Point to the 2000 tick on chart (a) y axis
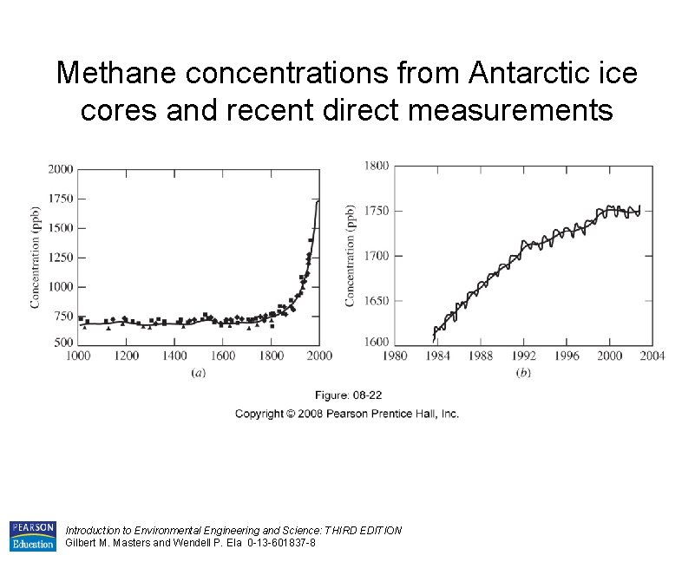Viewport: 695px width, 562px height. pos(61,169)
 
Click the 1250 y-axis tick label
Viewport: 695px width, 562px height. pos(61,258)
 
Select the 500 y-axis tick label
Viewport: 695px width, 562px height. pos(64,343)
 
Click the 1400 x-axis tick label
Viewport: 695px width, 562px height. pos(175,356)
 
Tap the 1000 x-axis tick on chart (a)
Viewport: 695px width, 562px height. pos(79,356)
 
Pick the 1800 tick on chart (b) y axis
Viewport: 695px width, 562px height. pos(377,165)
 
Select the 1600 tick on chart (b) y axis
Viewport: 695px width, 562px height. pos(377,342)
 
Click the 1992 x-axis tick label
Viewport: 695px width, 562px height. pos(524,356)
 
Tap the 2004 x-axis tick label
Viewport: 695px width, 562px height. pos(652,356)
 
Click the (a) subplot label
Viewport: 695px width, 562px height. pos(198,372)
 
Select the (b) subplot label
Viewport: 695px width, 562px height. pos(523,372)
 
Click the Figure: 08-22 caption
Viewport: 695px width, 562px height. pos(347,395)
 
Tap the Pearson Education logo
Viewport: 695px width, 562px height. pos(32,536)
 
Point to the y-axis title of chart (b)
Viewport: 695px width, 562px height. pos(351,256)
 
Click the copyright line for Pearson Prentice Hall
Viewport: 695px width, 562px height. pos(347,414)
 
